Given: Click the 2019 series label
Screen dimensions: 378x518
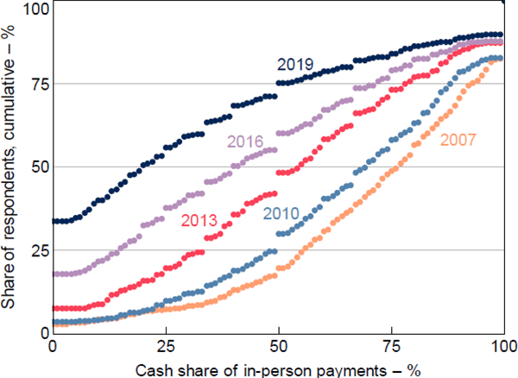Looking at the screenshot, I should point(294,64).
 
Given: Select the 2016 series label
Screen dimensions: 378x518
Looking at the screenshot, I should point(245,142).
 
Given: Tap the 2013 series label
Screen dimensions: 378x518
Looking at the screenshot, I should point(198,219).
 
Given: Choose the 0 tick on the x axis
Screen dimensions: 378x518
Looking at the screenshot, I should point(54,347).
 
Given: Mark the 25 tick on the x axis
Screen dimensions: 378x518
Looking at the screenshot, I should point(166,347).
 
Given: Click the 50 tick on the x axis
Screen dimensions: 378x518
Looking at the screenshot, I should point(279,347).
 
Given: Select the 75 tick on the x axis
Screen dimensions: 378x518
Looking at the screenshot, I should point(391,347).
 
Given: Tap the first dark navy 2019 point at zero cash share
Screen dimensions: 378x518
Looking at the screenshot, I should point(55,221).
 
